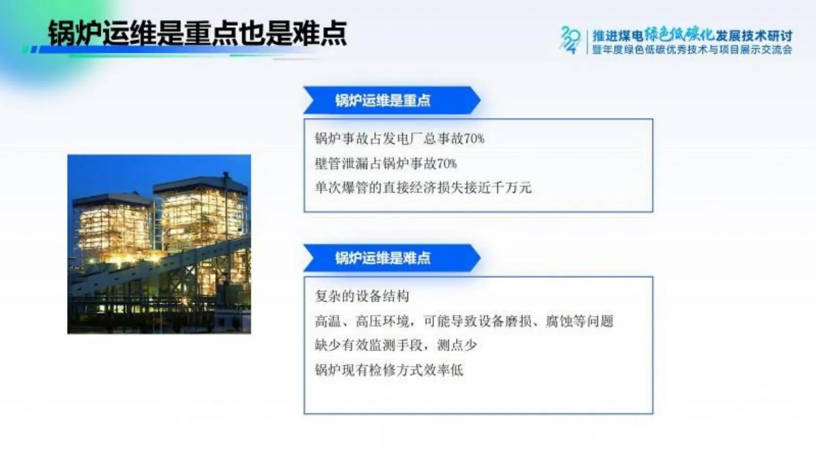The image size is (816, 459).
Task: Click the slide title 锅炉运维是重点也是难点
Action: point(197,33)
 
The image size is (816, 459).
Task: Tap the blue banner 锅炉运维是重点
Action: point(392,100)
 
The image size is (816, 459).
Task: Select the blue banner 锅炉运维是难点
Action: point(392,258)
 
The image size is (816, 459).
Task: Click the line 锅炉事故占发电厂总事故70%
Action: point(400,139)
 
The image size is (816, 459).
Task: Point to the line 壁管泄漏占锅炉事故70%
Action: point(386,164)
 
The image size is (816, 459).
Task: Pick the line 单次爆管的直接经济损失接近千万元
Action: point(423,188)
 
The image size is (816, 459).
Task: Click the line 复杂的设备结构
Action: point(362,296)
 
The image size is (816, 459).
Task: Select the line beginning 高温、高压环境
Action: point(464,321)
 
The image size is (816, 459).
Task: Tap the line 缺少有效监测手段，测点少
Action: point(396,345)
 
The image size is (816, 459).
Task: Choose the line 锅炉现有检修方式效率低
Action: point(389,370)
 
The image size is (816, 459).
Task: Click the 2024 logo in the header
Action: point(571,40)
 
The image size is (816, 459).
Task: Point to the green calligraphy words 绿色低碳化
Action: point(679,35)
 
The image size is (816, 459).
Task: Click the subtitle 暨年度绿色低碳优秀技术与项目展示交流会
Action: point(692,49)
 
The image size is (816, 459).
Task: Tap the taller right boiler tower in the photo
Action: point(203,218)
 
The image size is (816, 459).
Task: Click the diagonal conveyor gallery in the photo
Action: point(160,266)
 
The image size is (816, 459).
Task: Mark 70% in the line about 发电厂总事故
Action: point(474,139)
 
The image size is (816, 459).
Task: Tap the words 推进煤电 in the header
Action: point(618,36)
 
